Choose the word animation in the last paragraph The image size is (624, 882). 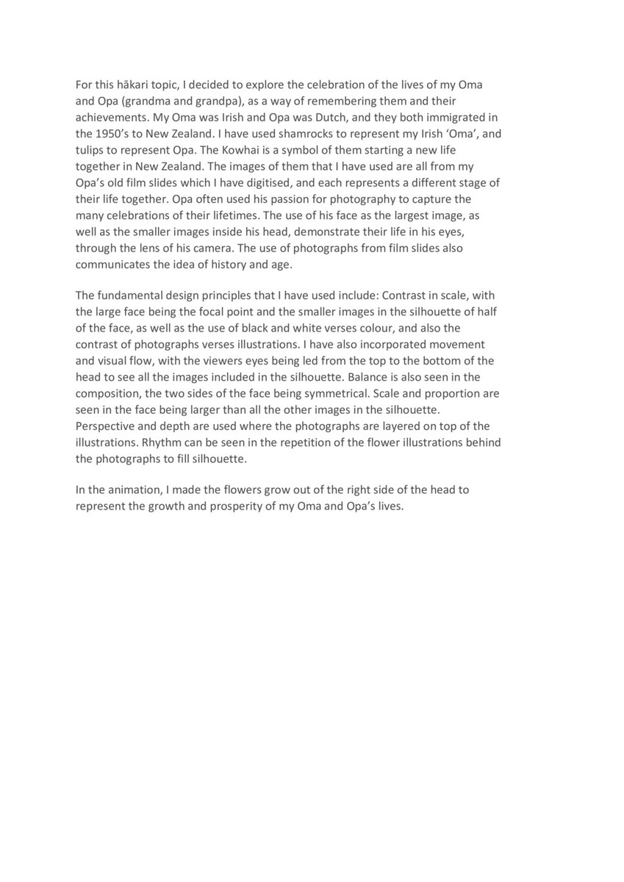coord(135,490)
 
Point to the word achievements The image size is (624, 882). coord(114,118)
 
